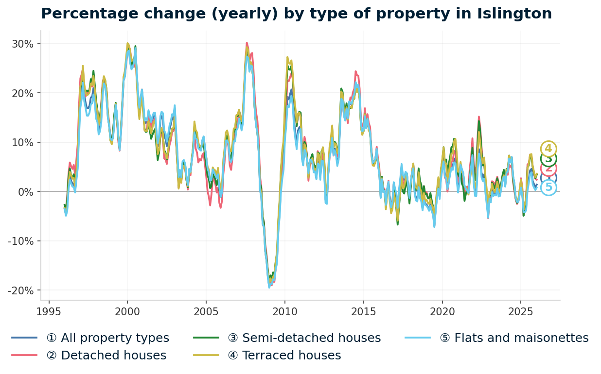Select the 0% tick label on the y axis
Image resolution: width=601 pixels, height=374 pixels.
coord(26,192)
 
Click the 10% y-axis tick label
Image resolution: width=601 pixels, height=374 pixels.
coord(24,142)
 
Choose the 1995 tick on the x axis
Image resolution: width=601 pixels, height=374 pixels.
coord(49,311)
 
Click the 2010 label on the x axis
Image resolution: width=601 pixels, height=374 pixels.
coord(284,311)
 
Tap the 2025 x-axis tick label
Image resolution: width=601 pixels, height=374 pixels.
coord(520,311)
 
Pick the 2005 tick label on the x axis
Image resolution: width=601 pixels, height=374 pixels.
coord(206,311)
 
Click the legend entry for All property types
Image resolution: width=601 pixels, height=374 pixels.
coord(107,338)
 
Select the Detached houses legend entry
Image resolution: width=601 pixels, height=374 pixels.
coord(106,356)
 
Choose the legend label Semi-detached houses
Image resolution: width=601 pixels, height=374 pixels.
coord(304,338)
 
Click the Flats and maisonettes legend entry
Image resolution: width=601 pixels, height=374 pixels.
coord(514,338)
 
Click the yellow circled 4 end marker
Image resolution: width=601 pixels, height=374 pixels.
coord(548,149)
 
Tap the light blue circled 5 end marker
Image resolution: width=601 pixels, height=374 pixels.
coord(548,187)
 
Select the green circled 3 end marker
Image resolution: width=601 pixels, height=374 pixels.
coord(548,158)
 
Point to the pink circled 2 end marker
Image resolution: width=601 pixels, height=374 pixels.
coord(548,169)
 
